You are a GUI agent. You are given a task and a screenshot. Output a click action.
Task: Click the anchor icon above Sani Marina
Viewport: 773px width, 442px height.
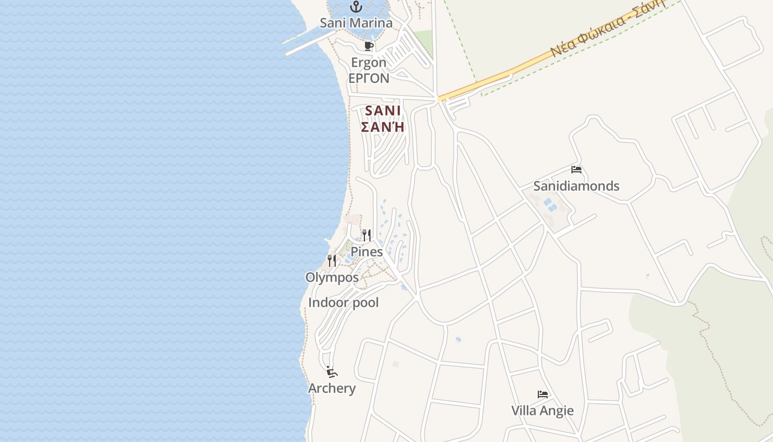click(x=356, y=7)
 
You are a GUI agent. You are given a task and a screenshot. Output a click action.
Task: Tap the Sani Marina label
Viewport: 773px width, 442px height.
click(x=356, y=23)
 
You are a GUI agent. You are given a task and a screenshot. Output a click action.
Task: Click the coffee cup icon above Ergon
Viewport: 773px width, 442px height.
click(x=369, y=46)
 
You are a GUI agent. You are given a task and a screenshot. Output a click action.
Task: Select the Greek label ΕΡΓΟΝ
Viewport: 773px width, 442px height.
click(x=369, y=78)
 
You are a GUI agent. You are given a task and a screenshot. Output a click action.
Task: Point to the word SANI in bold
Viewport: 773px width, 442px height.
click(x=383, y=110)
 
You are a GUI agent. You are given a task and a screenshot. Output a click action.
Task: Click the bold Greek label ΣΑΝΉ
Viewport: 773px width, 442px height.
click(x=383, y=127)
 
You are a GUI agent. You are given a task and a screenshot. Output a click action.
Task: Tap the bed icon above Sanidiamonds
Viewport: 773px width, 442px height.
click(x=576, y=170)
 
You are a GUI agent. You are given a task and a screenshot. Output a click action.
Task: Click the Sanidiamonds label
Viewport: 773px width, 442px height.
click(x=576, y=186)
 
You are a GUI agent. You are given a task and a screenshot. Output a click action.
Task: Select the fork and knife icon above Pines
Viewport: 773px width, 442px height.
click(x=367, y=235)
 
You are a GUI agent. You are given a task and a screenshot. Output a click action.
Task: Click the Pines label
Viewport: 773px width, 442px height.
click(x=367, y=252)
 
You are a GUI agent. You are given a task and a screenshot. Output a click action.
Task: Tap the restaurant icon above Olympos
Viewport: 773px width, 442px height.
click(x=332, y=261)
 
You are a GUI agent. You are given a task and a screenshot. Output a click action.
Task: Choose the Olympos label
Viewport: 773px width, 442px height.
click(x=332, y=277)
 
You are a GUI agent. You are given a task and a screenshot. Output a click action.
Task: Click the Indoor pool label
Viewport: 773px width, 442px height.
click(x=343, y=303)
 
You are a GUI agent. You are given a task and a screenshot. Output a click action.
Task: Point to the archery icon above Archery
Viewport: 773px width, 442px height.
click(x=331, y=372)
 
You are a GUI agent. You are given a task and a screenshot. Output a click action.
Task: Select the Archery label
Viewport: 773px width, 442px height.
click(x=332, y=388)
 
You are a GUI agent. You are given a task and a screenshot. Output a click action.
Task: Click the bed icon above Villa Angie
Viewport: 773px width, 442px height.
click(x=543, y=394)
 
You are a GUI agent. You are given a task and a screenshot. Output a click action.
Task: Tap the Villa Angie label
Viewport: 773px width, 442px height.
click(x=542, y=411)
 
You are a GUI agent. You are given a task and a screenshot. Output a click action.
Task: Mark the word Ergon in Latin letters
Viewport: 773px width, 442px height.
click(x=369, y=63)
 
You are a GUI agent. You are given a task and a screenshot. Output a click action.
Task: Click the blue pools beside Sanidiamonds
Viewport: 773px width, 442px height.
click(x=550, y=205)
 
